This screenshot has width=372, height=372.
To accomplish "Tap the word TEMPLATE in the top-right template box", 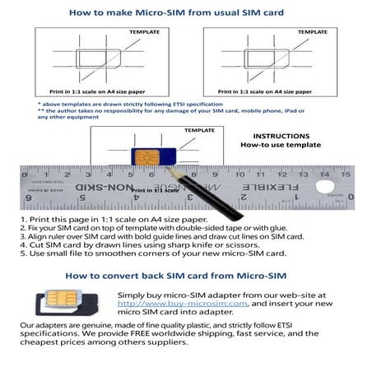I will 312,32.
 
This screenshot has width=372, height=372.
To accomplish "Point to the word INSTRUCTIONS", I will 281,135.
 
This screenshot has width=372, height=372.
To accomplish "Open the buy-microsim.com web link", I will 170,303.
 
